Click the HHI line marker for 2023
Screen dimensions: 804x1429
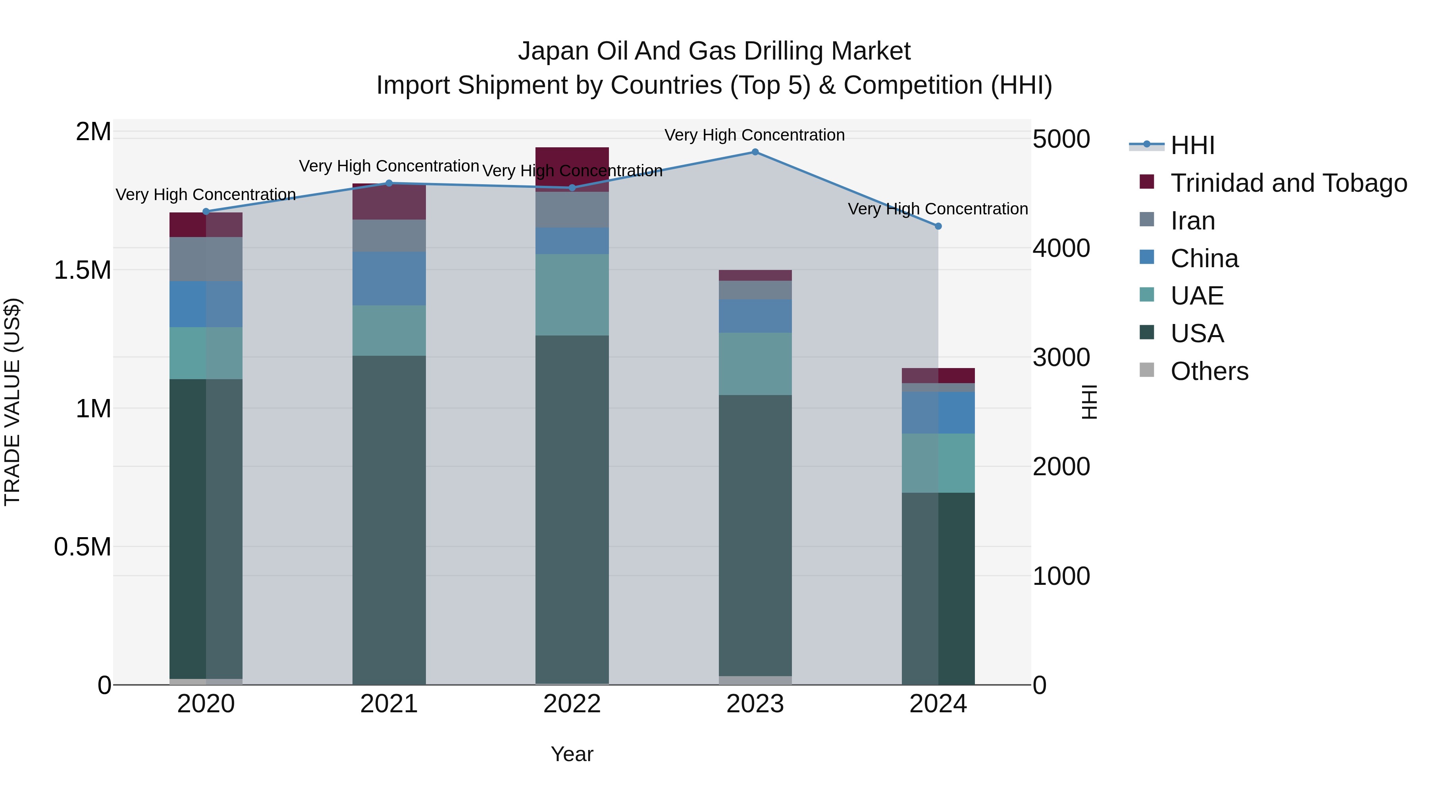coord(755,152)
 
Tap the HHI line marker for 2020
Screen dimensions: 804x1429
coord(206,211)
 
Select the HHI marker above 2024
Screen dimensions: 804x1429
coord(938,226)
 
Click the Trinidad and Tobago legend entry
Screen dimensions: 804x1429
coord(1288,183)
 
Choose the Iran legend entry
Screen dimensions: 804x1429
coord(1193,221)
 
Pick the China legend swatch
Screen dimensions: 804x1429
coord(1147,257)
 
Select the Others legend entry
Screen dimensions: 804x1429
coord(1209,371)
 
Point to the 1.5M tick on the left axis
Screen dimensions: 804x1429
coord(82,270)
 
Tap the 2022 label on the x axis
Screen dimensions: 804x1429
coord(572,704)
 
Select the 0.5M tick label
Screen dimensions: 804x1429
coord(82,547)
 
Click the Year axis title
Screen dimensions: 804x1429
coord(572,754)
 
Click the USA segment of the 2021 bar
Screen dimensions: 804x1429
coord(389,520)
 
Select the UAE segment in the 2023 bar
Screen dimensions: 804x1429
coord(755,364)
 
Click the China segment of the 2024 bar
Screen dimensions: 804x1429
coord(938,413)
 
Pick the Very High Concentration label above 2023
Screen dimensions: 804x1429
coord(755,135)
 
